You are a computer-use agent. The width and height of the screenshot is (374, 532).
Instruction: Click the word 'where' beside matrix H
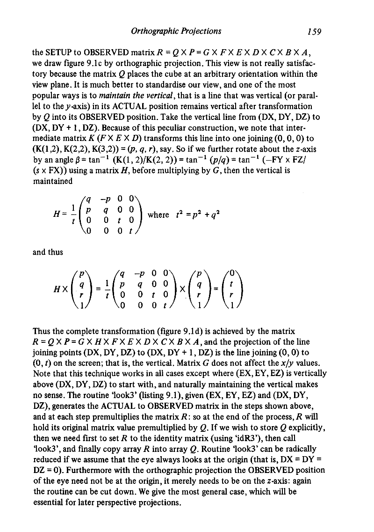pos(158,214)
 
